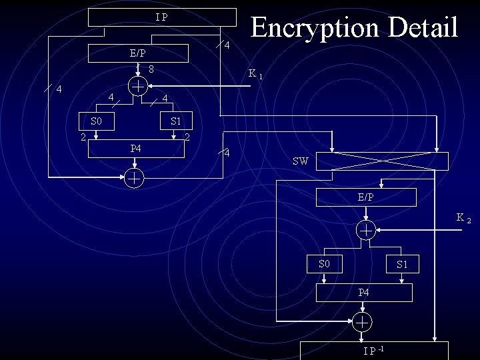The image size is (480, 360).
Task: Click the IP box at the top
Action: coord(162,17)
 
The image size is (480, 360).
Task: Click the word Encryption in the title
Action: coord(303,28)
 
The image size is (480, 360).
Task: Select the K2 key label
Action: coord(463,218)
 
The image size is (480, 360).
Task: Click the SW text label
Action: coord(300,161)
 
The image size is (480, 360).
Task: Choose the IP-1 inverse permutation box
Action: coord(374,351)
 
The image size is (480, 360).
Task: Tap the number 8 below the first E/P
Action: coord(152,69)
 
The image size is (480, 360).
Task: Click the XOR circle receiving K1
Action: coord(137,86)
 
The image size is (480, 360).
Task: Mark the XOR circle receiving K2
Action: coord(366,230)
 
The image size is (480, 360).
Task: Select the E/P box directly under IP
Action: coord(138,53)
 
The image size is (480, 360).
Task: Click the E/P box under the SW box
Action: coord(365,197)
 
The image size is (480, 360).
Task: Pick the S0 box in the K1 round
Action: coord(97,121)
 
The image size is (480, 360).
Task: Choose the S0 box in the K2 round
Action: coord(325,264)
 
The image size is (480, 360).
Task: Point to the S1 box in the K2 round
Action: coord(402,265)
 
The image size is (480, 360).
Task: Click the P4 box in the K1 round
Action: coord(136,148)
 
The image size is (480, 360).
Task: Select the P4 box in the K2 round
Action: coord(363,293)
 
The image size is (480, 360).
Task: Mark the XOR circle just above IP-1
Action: coord(362,321)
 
